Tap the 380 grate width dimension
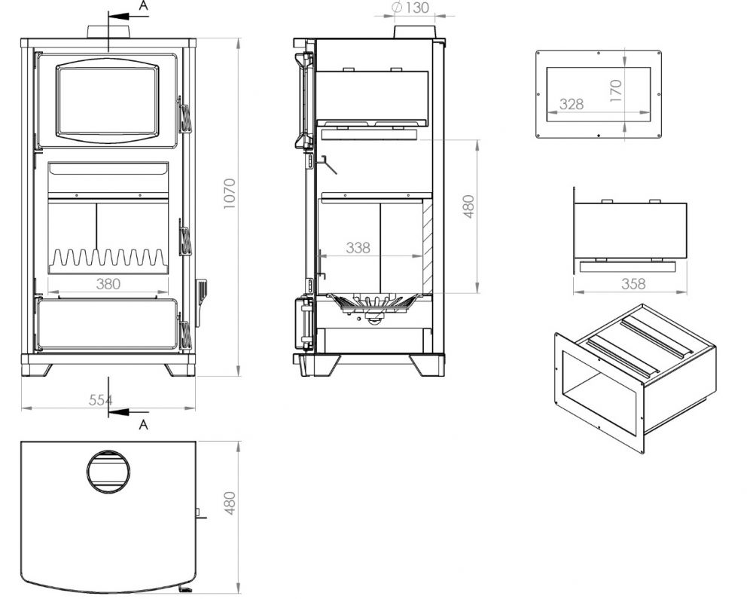tap(108, 284)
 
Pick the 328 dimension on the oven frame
tap(572, 105)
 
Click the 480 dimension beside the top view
tap(230, 503)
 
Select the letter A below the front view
tap(144, 424)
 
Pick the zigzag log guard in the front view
tap(108, 258)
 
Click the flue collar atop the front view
tap(110, 32)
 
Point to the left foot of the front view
tap(38, 369)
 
